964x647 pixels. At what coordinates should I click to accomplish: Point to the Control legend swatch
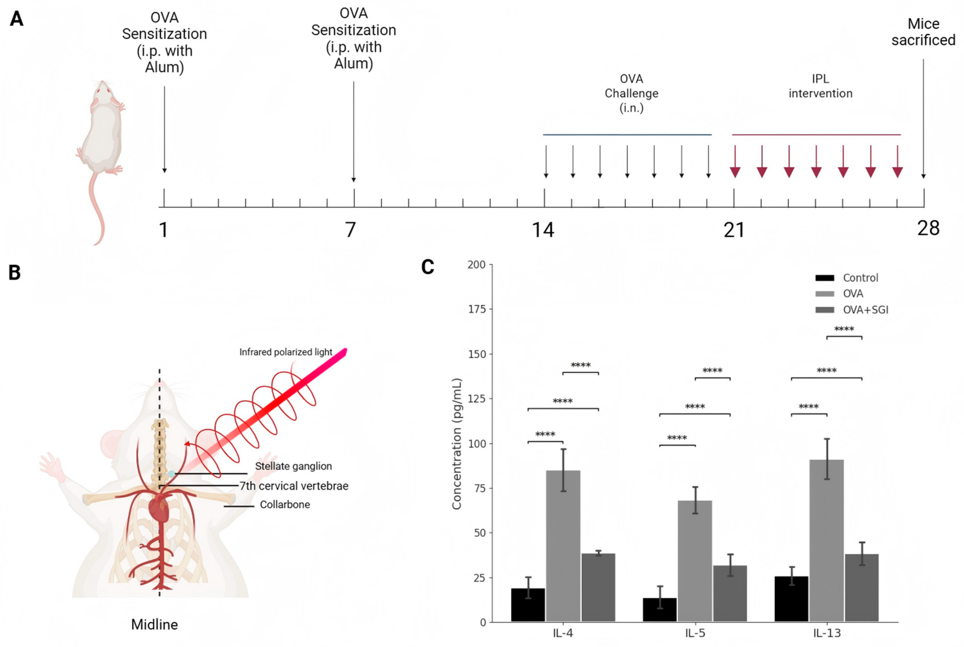(824, 278)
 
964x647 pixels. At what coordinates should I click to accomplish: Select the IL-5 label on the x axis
(695, 633)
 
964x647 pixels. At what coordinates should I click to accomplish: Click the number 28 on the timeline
(928, 228)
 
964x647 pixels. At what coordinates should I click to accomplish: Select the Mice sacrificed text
(923, 32)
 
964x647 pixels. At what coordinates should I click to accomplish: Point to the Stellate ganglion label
(293, 466)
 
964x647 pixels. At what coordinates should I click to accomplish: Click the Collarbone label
(285, 505)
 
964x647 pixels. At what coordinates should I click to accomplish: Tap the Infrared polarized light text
(286, 352)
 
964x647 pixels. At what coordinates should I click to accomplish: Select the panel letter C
(427, 267)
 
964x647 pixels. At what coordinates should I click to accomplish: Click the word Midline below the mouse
(154, 624)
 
